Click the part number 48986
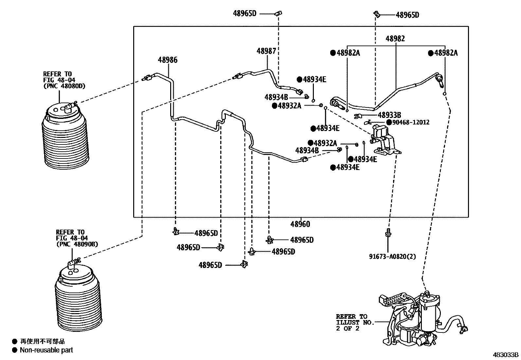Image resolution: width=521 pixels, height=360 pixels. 168,60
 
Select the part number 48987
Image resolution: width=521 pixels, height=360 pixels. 266,51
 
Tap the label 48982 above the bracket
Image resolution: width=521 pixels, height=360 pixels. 395,39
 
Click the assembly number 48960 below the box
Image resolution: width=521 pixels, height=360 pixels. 300,224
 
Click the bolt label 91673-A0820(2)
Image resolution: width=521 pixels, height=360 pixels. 393,256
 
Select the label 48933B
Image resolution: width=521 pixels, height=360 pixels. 389,115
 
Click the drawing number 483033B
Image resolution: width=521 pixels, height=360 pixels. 506,355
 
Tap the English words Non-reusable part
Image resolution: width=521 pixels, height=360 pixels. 46,350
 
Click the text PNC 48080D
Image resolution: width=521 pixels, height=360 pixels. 64,86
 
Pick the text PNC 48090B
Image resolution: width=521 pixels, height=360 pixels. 77,244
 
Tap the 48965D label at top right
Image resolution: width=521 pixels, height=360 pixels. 407,15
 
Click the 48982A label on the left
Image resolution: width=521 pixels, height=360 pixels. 348,53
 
